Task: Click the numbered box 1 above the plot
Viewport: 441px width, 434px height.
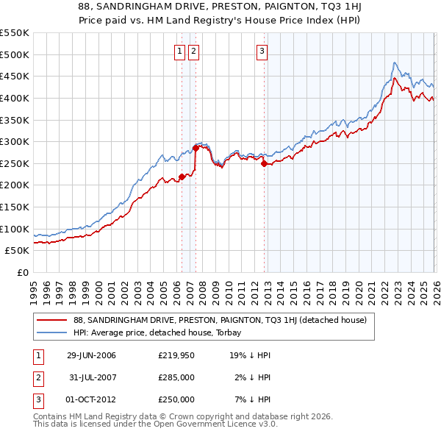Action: (180, 51)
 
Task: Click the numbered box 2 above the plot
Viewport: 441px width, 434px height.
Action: (193, 51)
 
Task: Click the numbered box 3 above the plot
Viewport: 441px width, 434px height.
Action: (262, 51)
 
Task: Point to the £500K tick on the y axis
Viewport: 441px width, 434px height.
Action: (15, 54)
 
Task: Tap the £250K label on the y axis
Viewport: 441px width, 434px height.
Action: (15, 163)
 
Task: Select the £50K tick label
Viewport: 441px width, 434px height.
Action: (18, 251)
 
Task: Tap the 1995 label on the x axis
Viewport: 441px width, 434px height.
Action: (33, 288)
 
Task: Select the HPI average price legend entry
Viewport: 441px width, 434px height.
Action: (161, 332)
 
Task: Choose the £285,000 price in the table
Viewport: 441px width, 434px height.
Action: (176, 377)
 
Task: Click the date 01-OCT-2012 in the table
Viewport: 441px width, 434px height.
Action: (90, 399)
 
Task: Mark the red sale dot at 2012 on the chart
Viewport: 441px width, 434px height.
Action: (264, 164)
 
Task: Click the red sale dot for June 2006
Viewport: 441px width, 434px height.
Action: (182, 177)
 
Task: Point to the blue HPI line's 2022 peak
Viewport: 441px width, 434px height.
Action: (395, 63)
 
